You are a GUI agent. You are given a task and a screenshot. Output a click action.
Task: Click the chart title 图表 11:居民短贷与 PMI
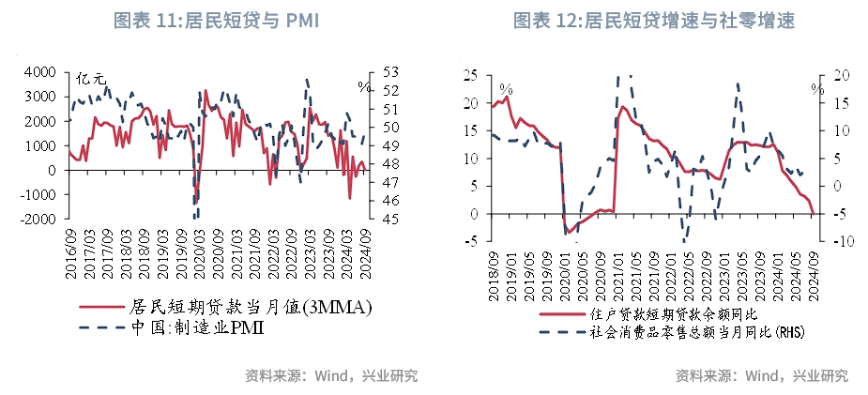217,22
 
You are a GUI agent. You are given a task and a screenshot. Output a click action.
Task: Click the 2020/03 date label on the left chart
199,253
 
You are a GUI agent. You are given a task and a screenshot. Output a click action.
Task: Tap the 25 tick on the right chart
471,75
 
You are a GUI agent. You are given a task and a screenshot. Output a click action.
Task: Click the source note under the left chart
330,376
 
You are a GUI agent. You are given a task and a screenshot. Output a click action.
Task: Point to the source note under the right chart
761,376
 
